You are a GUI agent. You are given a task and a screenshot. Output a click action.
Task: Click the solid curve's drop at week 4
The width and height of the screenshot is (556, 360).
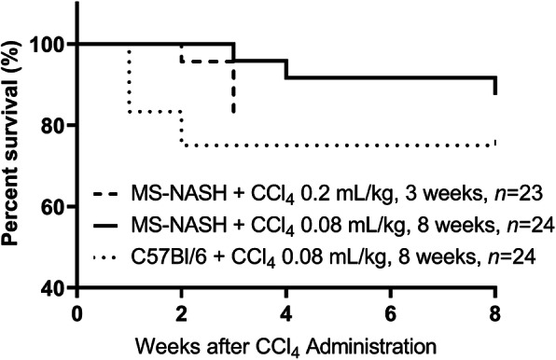click(286, 69)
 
